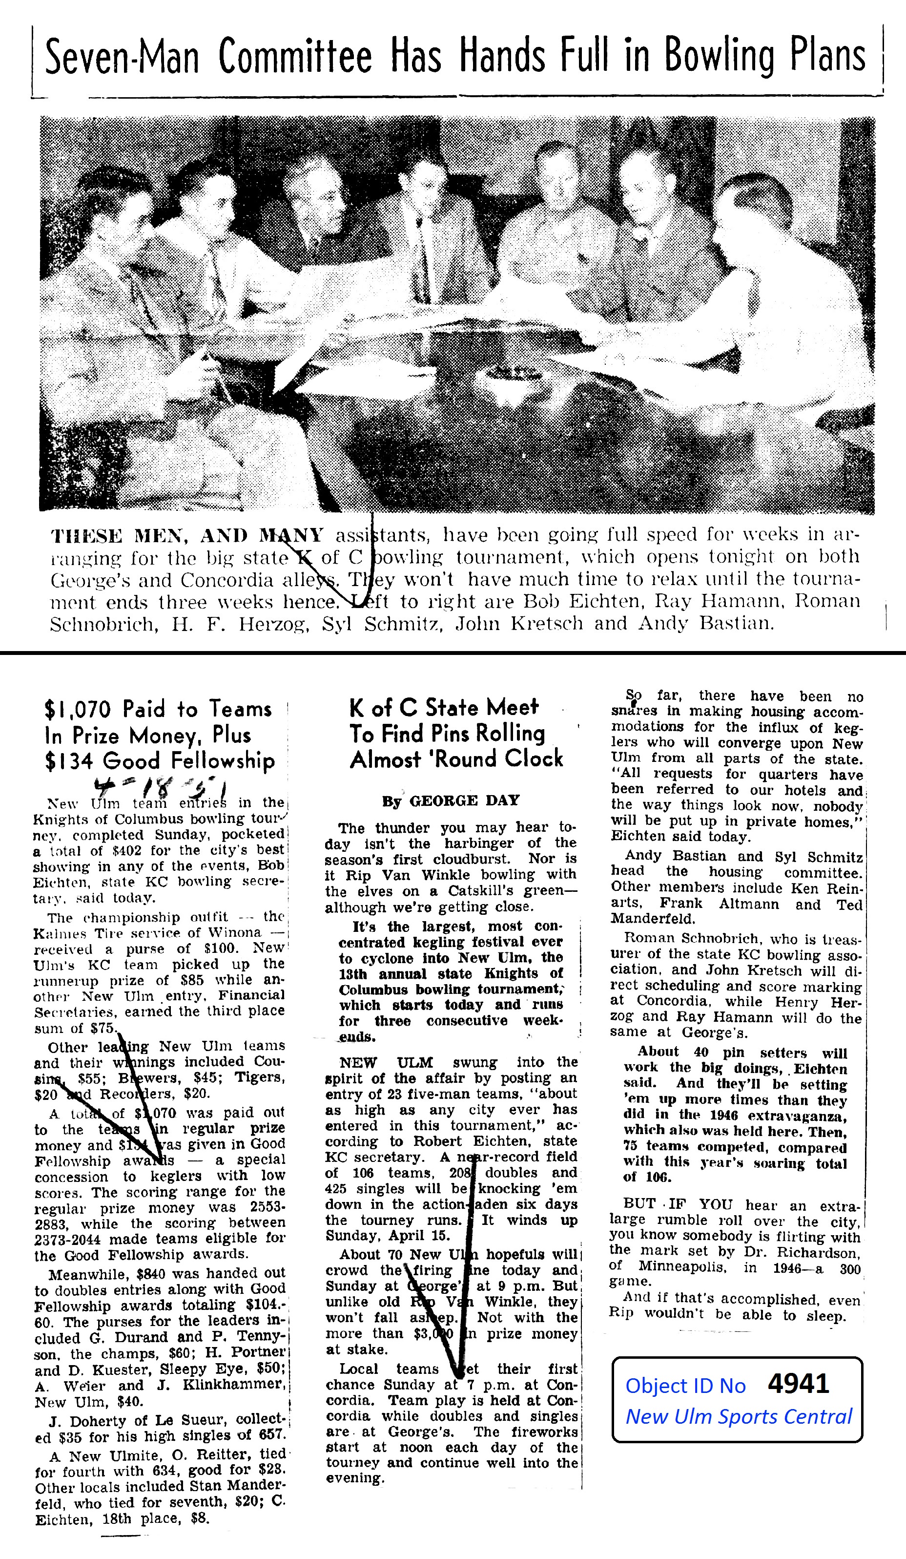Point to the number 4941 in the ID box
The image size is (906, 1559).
point(798,1384)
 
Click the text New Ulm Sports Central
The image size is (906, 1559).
point(739,1417)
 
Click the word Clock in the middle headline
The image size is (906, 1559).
point(528,759)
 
